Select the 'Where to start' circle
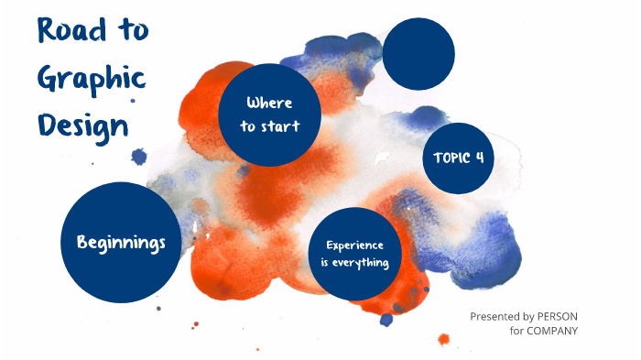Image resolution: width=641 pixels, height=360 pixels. [269, 115]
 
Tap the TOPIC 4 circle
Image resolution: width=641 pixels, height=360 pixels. [458, 158]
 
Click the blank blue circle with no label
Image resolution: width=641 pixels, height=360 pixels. [418, 54]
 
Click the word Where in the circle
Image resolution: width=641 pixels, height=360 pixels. [269, 103]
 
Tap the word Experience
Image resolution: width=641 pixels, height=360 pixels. [355, 245]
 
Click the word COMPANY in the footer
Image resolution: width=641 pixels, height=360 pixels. [553, 331]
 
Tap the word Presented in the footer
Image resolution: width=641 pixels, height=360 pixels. [494, 316]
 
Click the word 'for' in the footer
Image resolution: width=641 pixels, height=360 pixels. [517, 331]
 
